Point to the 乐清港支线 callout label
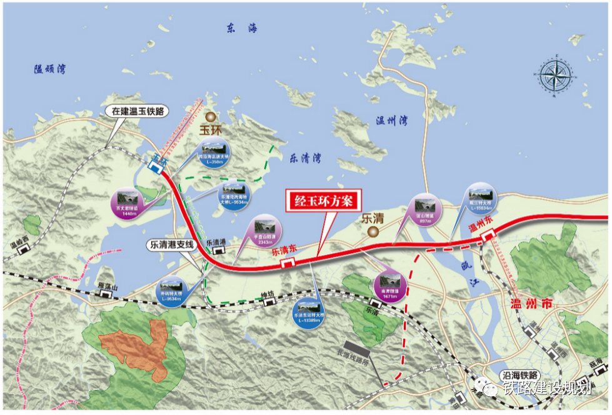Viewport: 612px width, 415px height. click(x=172, y=245)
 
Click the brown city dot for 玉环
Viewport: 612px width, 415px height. click(x=211, y=116)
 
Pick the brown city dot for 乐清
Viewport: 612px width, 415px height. click(x=373, y=232)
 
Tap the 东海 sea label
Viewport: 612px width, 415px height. click(x=241, y=28)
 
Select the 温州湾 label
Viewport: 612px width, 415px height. click(x=392, y=121)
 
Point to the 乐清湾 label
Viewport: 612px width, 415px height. click(x=305, y=159)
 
